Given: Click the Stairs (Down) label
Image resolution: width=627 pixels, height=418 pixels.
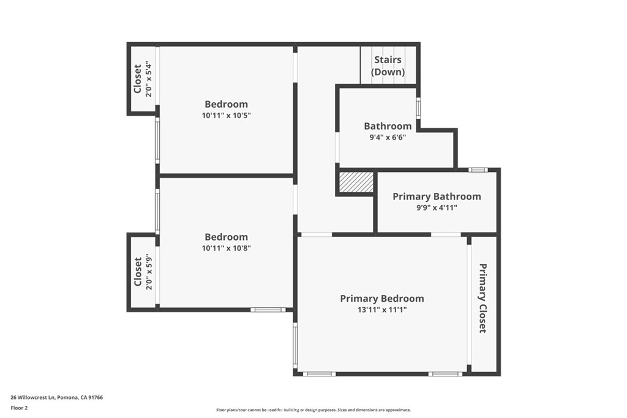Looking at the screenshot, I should [x=388, y=65].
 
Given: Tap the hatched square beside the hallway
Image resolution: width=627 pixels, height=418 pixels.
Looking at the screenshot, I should [x=356, y=182].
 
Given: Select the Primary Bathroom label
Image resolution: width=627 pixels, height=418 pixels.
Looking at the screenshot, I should [x=437, y=196].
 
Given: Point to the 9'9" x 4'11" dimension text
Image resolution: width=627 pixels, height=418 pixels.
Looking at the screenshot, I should [x=437, y=208].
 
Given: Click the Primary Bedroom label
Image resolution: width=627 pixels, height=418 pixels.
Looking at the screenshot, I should [x=382, y=299].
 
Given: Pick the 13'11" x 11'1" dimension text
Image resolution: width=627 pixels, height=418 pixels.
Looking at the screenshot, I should [x=382, y=310].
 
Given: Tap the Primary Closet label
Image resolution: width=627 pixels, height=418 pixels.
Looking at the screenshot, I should [x=482, y=298].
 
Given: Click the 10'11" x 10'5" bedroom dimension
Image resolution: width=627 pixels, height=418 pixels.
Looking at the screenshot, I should [x=227, y=116].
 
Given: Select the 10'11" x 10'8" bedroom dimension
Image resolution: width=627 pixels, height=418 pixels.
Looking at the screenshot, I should [x=227, y=248].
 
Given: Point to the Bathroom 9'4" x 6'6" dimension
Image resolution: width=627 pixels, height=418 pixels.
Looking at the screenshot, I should [x=388, y=138].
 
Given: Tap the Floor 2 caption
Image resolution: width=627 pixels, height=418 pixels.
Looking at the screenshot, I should [x=20, y=407].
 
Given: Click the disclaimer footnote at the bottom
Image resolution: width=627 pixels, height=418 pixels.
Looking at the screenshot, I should [x=313, y=410].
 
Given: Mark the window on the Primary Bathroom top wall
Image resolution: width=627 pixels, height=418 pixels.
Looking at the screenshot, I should [x=478, y=170].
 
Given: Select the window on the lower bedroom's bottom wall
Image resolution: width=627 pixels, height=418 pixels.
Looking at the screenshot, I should [x=268, y=310].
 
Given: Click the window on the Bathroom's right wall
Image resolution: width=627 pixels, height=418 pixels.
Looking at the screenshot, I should [x=418, y=108].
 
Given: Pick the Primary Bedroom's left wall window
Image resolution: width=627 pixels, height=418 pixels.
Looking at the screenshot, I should [x=295, y=346].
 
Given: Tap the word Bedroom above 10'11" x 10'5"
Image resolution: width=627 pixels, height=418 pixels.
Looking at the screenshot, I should [x=227, y=104].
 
